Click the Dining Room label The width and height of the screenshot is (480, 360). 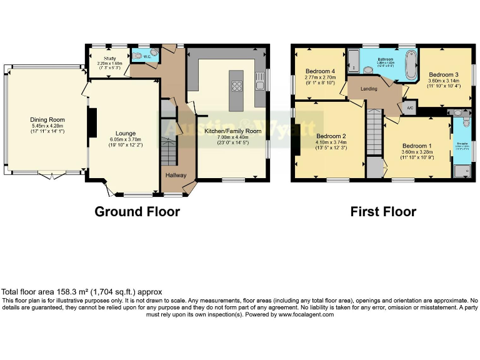pos(47,120)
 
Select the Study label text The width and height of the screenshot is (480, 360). pos(103,58)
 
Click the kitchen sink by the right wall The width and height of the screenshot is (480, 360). pos(260,79)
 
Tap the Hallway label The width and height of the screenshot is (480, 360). pos(176,175)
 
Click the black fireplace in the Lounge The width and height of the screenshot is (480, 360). pos(92,121)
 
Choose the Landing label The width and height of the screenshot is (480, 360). pos(369,89)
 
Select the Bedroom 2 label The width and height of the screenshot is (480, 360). pos(331,136)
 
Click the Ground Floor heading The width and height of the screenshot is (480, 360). pos(137,211)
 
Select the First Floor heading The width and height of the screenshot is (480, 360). pos(382,212)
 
